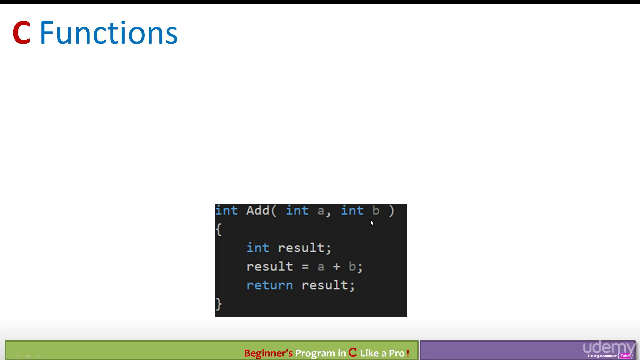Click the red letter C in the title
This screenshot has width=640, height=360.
22,33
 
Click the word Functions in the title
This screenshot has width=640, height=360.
109,33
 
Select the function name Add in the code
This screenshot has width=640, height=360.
258,211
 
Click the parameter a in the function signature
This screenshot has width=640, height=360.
321,211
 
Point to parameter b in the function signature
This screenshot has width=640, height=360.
376,211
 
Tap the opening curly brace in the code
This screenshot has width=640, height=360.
219,229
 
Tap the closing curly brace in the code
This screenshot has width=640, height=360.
219,304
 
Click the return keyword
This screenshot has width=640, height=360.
270,285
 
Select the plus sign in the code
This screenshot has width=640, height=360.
336,267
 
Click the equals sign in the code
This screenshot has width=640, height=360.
305,267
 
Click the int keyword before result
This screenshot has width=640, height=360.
258,248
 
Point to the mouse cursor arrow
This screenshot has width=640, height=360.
372,223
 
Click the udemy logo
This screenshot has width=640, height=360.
609,347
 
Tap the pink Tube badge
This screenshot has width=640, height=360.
625,356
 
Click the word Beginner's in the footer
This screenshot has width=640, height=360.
268,353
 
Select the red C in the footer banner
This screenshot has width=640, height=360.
353,352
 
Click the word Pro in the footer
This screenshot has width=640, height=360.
397,353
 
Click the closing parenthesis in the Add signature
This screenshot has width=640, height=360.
391,211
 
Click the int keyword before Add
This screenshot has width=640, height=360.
227,211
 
